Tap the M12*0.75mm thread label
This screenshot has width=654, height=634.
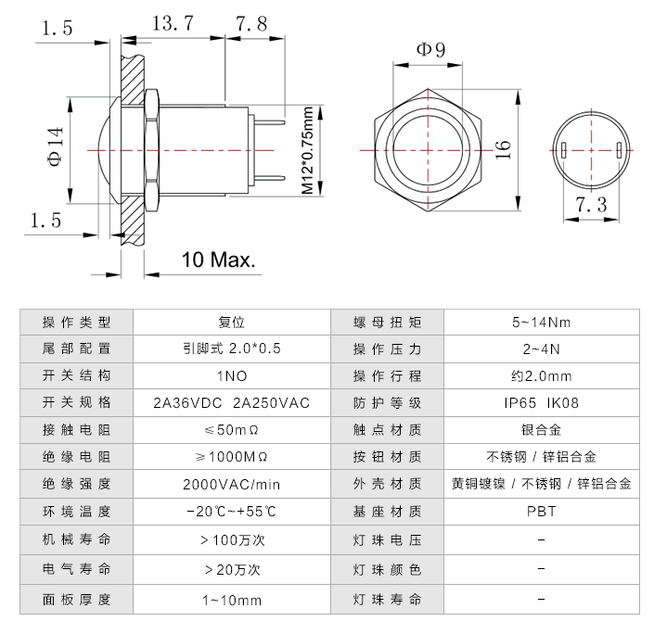point(307,148)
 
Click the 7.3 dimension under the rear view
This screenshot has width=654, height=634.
point(591,205)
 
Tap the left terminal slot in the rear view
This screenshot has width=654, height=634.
point(565,151)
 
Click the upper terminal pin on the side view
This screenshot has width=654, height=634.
point(269,118)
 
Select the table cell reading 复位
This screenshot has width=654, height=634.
point(231,323)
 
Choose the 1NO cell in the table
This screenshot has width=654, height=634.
point(231,376)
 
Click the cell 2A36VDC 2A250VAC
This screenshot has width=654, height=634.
point(231,403)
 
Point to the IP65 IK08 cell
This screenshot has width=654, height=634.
point(541,403)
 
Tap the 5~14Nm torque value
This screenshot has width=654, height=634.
point(541,323)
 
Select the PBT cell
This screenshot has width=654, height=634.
point(541,511)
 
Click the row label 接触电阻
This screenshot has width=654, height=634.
point(76,430)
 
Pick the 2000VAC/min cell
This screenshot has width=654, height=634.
point(231,484)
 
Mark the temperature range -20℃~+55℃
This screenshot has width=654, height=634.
point(231,511)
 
